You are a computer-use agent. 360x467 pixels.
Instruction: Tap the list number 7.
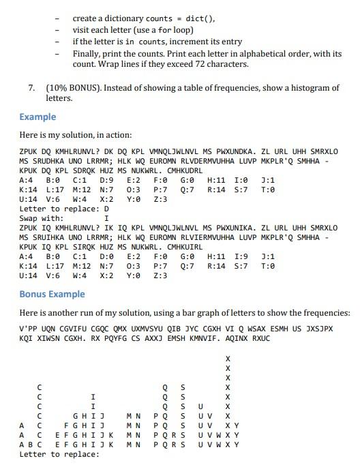[x=31, y=88]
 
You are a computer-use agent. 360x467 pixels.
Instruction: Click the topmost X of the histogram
[x=228, y=359]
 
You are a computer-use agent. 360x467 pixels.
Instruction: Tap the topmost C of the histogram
[x=40, y=387]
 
